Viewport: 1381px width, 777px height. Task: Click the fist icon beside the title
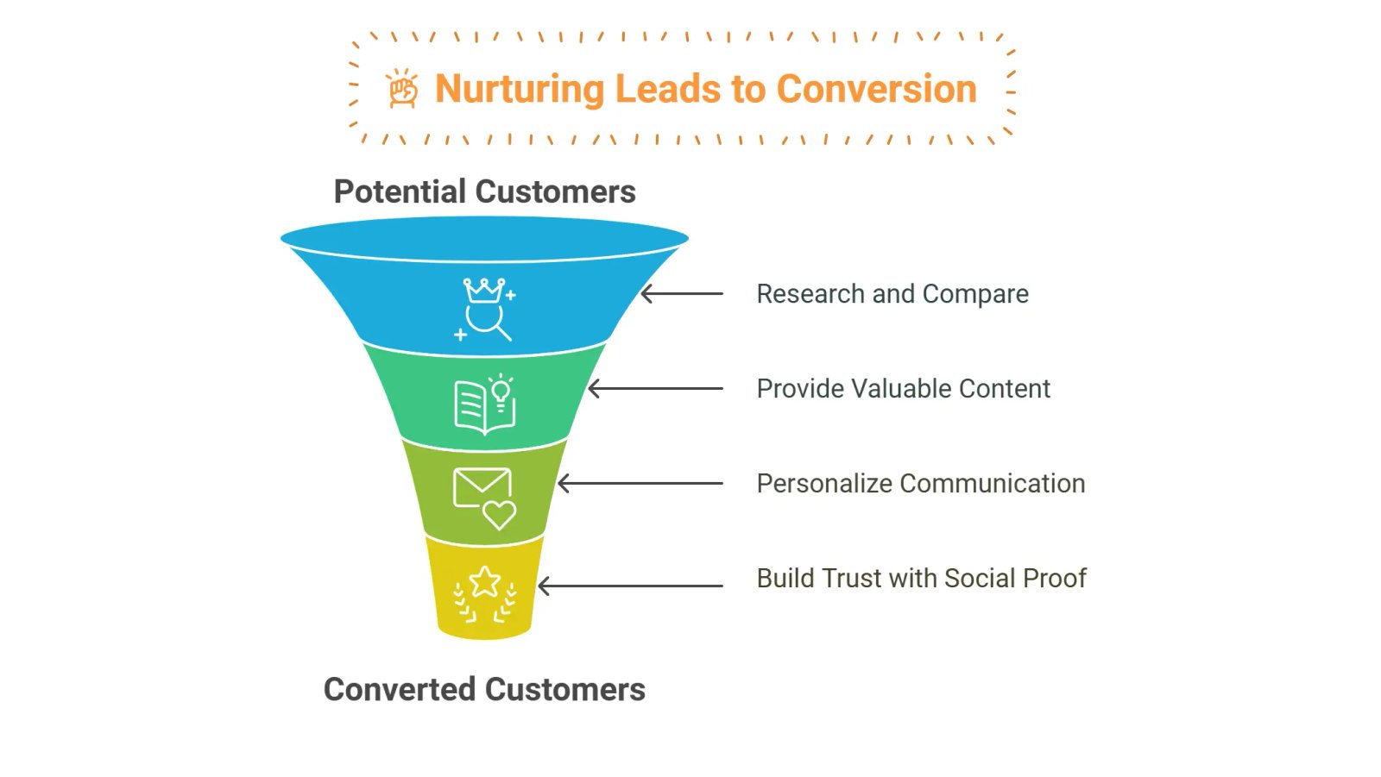402,89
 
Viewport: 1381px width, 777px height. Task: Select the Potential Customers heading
484,191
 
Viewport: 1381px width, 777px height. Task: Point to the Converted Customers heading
484,689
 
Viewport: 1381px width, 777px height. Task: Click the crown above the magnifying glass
484,290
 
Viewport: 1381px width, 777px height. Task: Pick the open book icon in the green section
478,408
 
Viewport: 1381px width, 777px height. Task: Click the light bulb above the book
501,392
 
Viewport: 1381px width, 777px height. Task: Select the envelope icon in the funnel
482,486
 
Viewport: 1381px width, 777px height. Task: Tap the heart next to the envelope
499,515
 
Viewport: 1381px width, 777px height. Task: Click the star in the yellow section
484,581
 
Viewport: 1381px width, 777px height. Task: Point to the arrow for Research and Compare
682,294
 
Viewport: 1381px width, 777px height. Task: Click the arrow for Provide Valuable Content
655,389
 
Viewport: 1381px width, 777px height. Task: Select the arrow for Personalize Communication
640,484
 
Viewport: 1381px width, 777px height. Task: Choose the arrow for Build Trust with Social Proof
630,586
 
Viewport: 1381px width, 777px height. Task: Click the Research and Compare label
892,294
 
